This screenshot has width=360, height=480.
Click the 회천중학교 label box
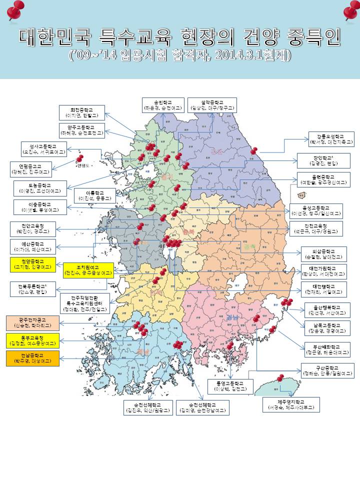click(82, 112)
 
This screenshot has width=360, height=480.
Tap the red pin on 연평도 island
click(80, 158)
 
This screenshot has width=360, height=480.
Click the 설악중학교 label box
click(212, 104)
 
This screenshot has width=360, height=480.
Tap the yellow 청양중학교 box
click(33, 264)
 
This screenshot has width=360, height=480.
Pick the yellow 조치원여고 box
click(88, 270)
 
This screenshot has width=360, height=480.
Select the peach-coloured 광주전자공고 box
click(32, 322)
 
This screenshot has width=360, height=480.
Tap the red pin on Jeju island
click(280, 378)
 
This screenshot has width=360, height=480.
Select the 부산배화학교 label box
click(328, 349)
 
